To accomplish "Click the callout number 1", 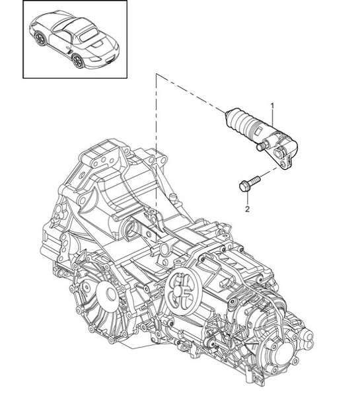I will point(271,105).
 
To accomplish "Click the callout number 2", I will point(247,209).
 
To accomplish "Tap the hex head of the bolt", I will point(242,186).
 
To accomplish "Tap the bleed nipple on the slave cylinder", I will point(262,144).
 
